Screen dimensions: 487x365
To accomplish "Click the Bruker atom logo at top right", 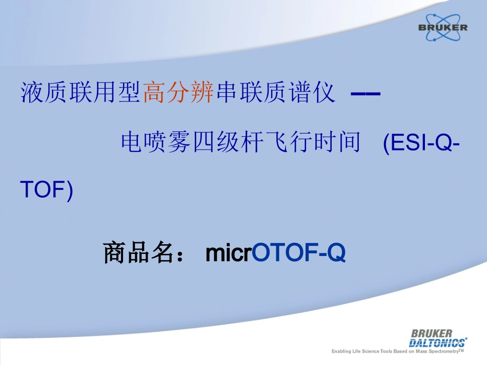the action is point(443,27).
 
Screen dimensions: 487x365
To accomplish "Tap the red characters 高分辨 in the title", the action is point(178,92).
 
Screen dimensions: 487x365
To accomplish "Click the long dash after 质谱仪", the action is point(366,93).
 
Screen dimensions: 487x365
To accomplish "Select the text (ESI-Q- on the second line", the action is point(421,143).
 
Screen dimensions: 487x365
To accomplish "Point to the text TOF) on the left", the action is point(47,190).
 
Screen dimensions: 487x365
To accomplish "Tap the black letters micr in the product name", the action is point(229,253).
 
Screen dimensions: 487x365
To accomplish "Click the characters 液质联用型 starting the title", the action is point(80,92).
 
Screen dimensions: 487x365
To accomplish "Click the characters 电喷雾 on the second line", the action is point(156,142).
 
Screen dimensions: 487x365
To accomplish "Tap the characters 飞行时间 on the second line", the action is point(313,142).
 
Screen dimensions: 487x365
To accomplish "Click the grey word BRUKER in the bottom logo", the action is point(432,334).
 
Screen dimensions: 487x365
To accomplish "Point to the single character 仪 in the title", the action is point(324,92).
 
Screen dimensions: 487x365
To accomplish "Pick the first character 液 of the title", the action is point(32,92).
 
